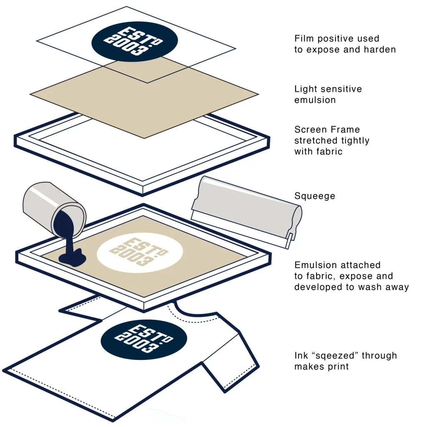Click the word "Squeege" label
click(314, 196)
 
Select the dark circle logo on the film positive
click(134, 41)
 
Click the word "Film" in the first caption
click(303, 39)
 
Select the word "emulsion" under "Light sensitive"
click(315, 100)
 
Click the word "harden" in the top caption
click(380, 50)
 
